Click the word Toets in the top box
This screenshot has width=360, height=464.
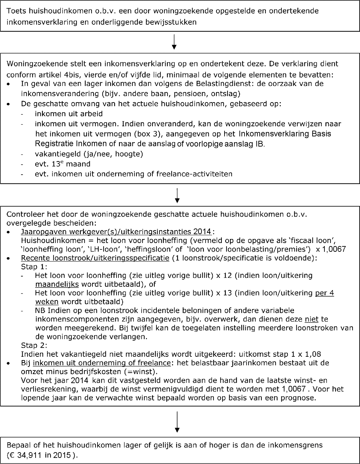click(x=15, y=11)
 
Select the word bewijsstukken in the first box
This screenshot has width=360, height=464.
click(x=173, y=23)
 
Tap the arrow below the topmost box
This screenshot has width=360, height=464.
click(x=174, y=42)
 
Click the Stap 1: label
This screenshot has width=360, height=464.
click(x=34, y=267)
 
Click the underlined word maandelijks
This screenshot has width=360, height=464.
click(x=57, y=284)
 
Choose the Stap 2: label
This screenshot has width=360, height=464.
click(x=34, y=346)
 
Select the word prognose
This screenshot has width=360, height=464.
click(x=300, y=398)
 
